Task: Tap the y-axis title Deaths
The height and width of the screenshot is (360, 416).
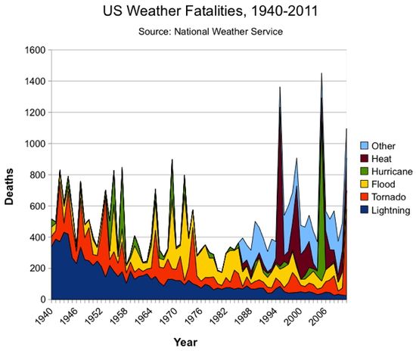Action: pos(16,175)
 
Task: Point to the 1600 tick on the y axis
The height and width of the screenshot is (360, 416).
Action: pos(34,50)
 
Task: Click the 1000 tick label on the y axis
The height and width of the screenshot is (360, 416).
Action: pos(34,144)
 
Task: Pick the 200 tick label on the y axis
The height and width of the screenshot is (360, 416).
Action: pos(37,268)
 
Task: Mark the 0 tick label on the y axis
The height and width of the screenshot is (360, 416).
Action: pos(43,299)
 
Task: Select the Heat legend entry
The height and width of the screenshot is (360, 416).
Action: pos(381,158)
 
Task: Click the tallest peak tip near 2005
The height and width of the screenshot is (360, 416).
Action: pos(321,74)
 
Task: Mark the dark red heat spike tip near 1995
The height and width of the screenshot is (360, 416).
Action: pos(280,88)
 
